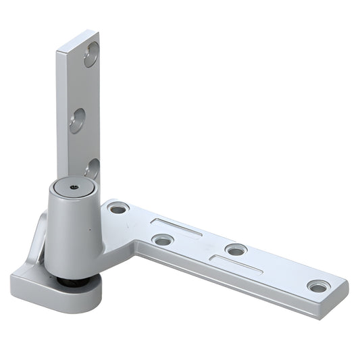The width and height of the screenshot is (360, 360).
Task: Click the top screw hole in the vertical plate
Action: [x=91, y=55]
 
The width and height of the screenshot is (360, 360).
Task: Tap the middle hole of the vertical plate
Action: [x=78, y=120]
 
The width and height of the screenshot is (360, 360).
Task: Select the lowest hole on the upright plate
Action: [x=93, y=168]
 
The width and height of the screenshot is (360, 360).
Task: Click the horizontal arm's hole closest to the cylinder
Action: [x=118, y=208]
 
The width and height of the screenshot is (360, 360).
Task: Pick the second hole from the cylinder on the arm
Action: [x=162, y=239]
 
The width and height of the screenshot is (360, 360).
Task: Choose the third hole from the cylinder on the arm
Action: [x=236, y=250]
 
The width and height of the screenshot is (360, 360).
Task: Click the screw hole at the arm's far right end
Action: [x=318, y=286]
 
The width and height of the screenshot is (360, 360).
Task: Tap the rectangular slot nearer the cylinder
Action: [x=176, y=228]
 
